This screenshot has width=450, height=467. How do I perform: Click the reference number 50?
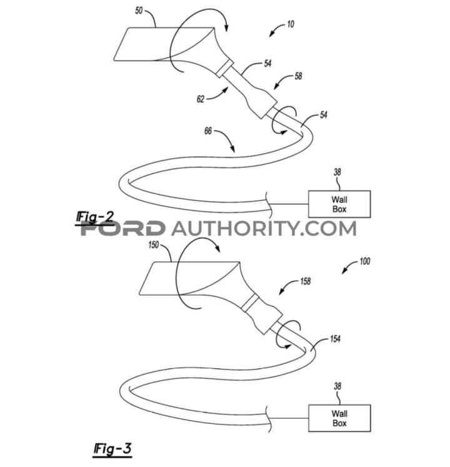[x=139, y=11]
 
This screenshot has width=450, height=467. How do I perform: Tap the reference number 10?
[x=291, y=24]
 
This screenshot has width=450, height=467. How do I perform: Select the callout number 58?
[x=298, y=76]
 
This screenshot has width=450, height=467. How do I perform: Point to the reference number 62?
[x=201, y=99]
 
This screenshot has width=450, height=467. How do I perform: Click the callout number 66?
[x=208, y=130]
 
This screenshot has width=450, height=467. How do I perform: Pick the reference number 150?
[x=154, y=245]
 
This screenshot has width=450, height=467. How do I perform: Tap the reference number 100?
[x=365, y=261]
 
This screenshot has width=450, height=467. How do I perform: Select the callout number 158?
[x=306, y=281]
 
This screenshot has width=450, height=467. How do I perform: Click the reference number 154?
[x=335, y=338]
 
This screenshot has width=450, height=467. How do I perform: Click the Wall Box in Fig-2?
[x=339, y=204]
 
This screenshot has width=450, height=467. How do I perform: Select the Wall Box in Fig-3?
[x=339, y=418]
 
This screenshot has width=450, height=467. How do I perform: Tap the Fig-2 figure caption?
[x=95, y=217]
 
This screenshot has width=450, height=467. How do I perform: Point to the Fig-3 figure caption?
[x=112, y=448]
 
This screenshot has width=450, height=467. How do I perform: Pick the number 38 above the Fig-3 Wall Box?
[x=337, y=386]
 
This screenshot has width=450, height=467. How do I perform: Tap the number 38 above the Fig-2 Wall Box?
[x=337, y=172]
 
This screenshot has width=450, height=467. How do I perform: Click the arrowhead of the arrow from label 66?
[x=232, y=149]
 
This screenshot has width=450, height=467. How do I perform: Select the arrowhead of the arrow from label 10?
[x=272, y=34]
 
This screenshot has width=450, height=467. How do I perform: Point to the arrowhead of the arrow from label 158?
[x=281, y=292]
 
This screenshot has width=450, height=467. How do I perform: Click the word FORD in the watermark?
[x=122, y=229]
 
